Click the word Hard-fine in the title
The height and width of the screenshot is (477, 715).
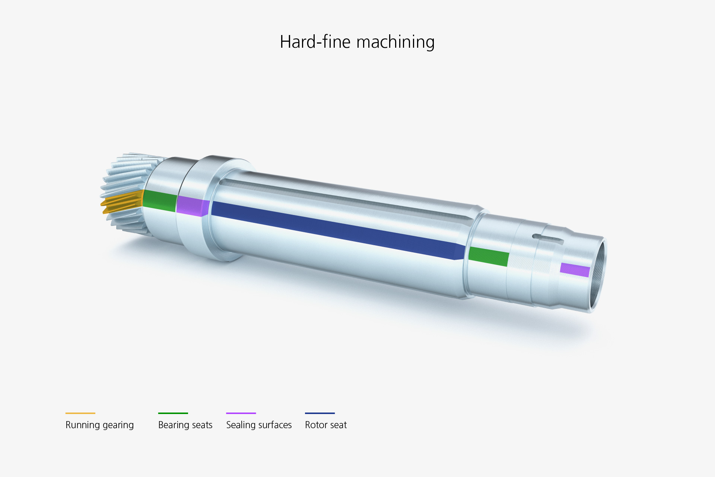point(315,41)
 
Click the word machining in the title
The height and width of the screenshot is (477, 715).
point(395,42)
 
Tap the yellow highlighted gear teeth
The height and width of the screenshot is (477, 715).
point(122,202)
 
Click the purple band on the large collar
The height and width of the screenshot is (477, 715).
point(193,206)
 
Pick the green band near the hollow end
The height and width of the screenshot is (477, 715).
point(489,256)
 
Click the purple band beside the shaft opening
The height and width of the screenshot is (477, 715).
point(575,270)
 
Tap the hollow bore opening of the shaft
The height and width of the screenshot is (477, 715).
point(597,275)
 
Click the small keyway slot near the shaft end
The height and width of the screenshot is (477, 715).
point(547,238)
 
